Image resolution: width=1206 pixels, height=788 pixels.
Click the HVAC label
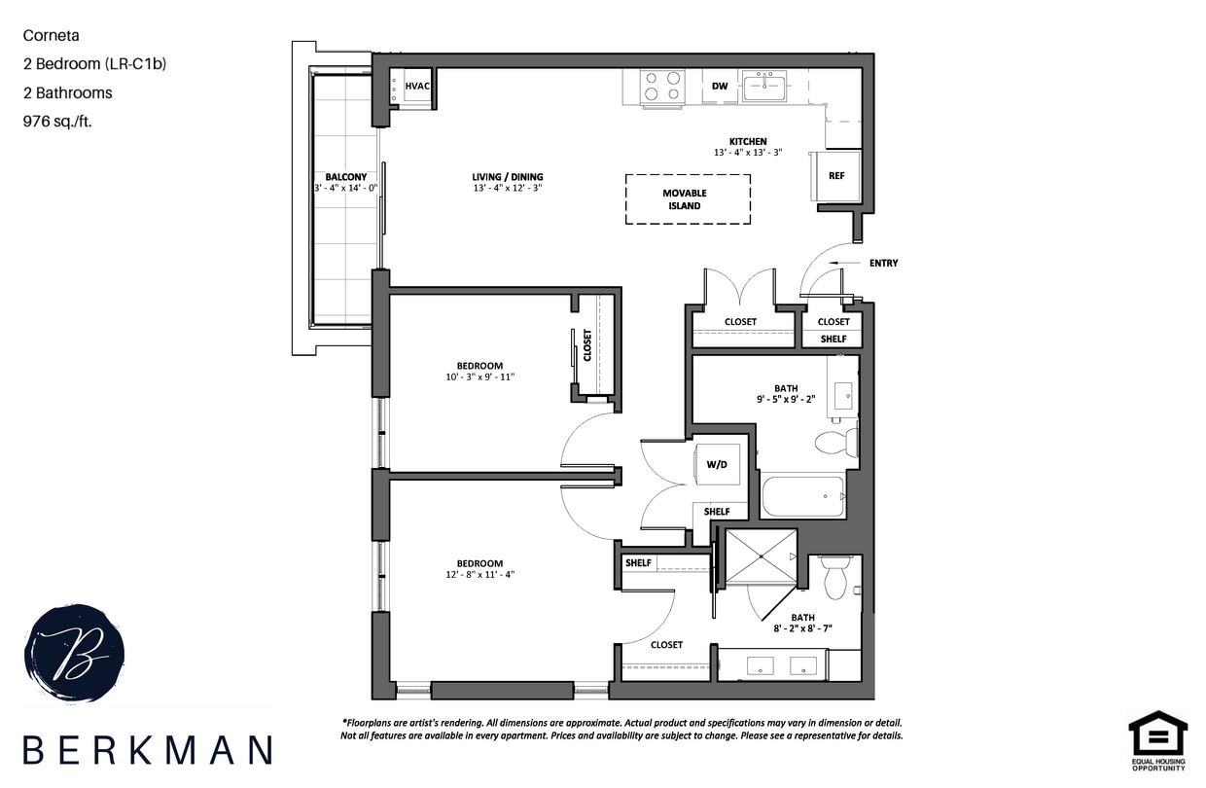click(x=417, y=86)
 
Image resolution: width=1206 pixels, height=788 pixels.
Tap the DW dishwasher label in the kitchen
click(x=720, y=86)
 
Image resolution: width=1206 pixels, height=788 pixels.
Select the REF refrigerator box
click(x=836, y=176)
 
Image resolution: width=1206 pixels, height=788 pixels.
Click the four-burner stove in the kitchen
click(x=661, y=86)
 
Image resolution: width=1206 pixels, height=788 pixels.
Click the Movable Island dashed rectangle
click(x=687, y=199)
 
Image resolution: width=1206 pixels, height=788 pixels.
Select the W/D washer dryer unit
click(x=718, y=465)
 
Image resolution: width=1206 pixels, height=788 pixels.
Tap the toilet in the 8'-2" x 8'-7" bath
click(x=835, y=576)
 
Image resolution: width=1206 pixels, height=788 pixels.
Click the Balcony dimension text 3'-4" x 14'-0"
click(x=345, y=189)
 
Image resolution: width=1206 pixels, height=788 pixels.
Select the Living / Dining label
click(x=501, y=177)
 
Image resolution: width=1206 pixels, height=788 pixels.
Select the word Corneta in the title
click(x=51, y=35)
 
